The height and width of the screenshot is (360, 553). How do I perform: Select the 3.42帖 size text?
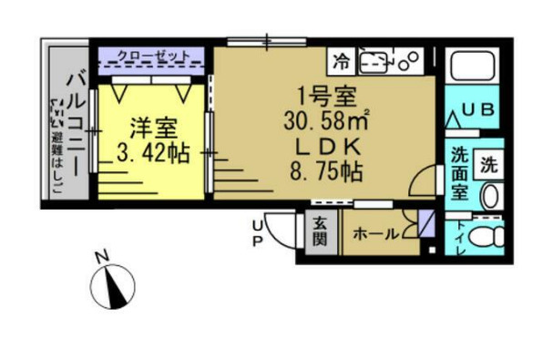click(x=153, y=153)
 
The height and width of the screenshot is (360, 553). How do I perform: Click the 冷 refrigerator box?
click(x=341, y=62)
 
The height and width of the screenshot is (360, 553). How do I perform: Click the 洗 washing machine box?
click(x=490, y=165)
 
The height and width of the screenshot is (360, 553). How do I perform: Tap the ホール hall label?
click(x=374, y=234)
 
